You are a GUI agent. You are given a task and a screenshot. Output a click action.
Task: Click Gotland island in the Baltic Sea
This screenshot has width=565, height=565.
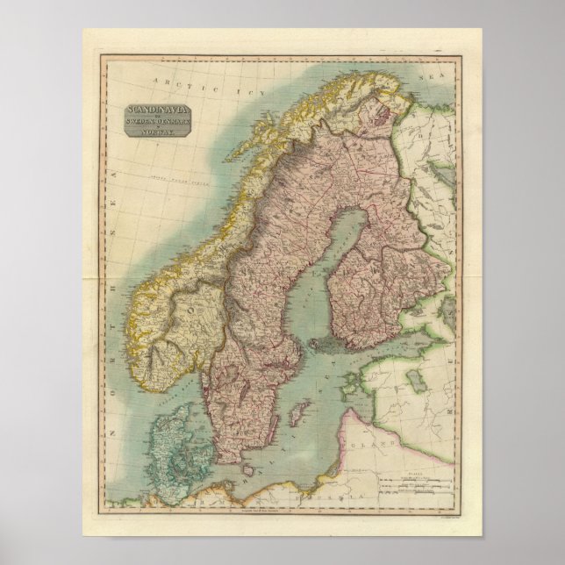click(299, 411)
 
